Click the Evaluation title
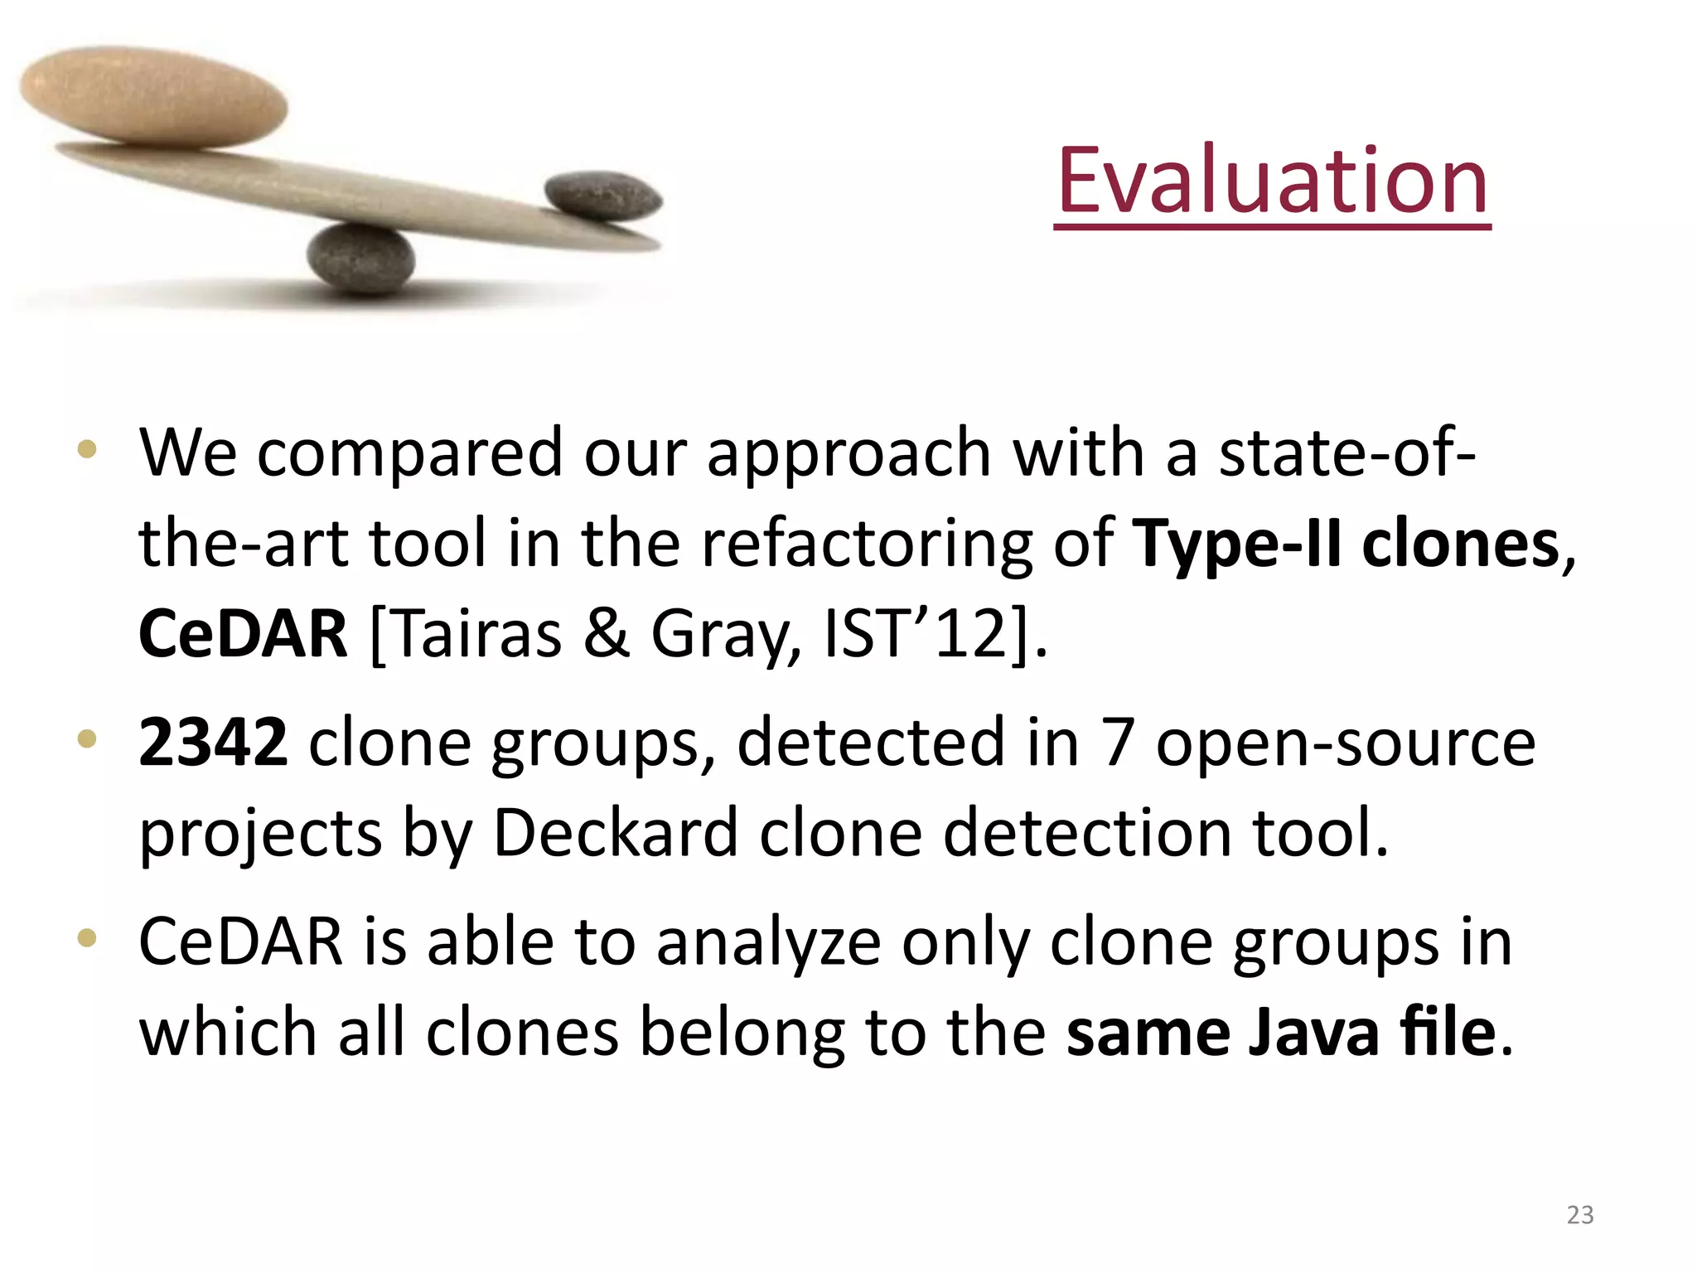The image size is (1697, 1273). pyautogui.click(x=1272, y=180)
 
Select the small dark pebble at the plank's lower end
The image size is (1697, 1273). pyautogui.click(x=603, y=197)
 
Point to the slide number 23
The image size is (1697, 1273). pyautogui.click(x=1579, y=1215)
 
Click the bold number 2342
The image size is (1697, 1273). pyautogui.click(x=213, y=742)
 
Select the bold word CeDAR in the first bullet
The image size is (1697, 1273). pyautogui.click(x=243, y=634)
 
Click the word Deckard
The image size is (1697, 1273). pyautogui.click(x=615, y=832)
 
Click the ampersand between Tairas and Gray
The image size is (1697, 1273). pyautogui.click(x=607, y=634)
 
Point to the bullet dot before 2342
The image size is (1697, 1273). pyautogui.click(x=87, y=738)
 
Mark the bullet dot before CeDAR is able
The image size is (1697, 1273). pyautogui.click(x=87, y=939)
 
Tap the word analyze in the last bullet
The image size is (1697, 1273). pyautogui.click(x=768, y=944)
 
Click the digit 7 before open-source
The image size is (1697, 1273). pyautogui.click(x=1118, y=742)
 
